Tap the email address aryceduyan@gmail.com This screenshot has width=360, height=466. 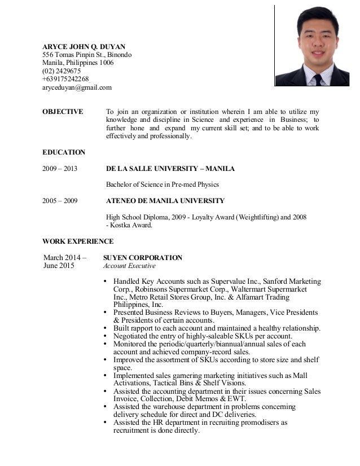tap(77, 88)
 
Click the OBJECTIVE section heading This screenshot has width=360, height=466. tap(63, 112)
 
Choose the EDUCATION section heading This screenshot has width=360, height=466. tap(64, 152)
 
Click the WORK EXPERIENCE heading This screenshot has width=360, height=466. tap(78, 241)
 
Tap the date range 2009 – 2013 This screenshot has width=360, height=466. tap(60, 169)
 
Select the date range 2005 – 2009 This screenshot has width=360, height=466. tap(60, 200)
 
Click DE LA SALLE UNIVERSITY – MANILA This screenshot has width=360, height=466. tap(170, 169)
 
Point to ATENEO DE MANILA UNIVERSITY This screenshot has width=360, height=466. tap(165, 200)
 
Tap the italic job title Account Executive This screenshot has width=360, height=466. tap(129, 266)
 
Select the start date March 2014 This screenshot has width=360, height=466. tap(63, 258)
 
